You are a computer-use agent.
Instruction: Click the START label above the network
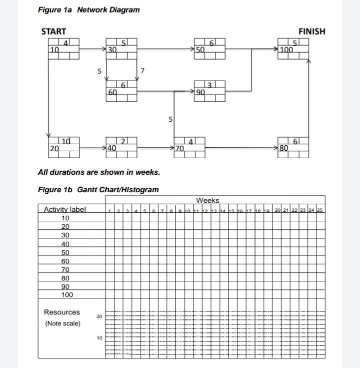coord(53,32)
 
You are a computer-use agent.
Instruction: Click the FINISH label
coord(311,32)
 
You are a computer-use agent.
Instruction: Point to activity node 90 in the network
coord(209,92)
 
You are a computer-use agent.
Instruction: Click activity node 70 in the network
coord(189,148)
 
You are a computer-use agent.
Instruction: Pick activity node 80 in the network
coord(293,148)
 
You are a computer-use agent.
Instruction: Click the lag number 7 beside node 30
coord(142,71)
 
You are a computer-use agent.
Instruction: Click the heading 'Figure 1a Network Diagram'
coord(88,10)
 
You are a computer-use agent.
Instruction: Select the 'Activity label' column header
coord(65,209)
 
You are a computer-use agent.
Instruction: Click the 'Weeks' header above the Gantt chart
coord(207,200)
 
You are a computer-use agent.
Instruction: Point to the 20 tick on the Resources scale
coord(99,316)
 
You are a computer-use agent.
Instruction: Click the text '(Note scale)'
coord(62,323)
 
